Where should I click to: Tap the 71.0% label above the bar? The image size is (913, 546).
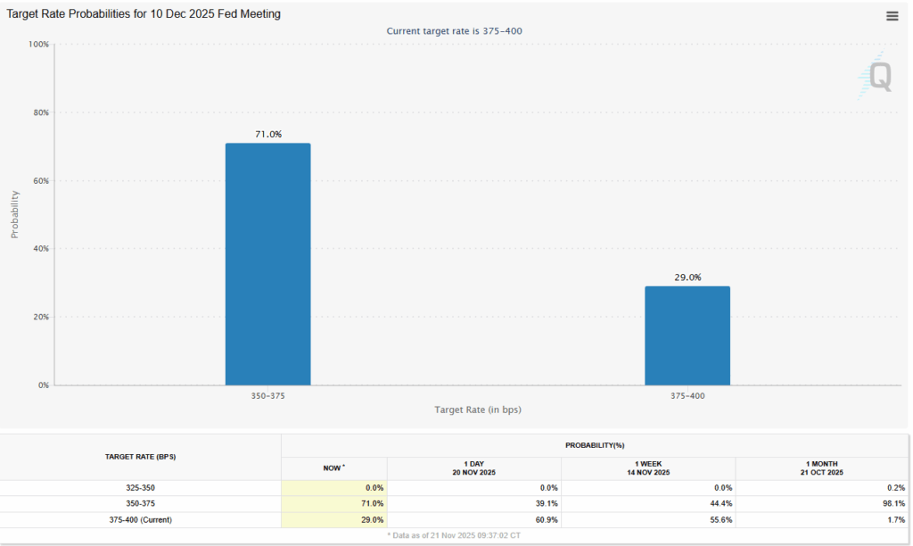pyautogui.click(x=267, y=134)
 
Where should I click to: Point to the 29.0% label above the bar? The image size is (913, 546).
pyautogui.click(x=687, y=277)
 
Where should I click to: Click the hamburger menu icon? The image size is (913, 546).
pyautogui.click(x=892, y=16)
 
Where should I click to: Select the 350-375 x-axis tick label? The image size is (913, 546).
pyautogui.click(x=267, y=394)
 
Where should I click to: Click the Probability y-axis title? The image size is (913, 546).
pyautogui.click(x=15, y=214)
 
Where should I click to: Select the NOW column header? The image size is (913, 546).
pyautogui.click(x=333, y=467)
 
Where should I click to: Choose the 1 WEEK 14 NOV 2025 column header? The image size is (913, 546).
pyautogui.click(x=647, y=467)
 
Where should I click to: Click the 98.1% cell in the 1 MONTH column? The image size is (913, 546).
pyautogui.click(x=892, y=503)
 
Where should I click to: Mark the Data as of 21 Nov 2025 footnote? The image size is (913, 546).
pyautogui.click(x=456, y=535)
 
